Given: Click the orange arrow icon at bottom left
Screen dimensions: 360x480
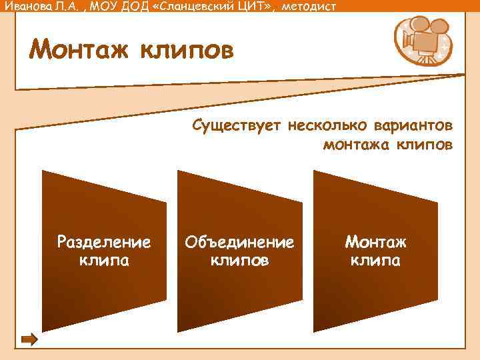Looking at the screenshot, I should pyautogui.click(x=29, y=340).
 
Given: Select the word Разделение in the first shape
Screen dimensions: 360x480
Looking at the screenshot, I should pyautogui.click(x=104, y=241).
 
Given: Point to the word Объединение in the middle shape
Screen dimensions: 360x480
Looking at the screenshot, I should pyautogui.click(x=240, y=241).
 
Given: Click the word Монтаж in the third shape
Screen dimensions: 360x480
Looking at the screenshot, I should pyautogui.click(x=375, y=241).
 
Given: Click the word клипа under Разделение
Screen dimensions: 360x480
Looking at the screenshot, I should pyautogui.click(x=104, y=260).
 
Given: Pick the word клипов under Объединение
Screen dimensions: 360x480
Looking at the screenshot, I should pyautogui.click(x=240, y=260).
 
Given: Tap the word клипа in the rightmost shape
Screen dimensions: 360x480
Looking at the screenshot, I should pyautogui.click(x=375, y=260).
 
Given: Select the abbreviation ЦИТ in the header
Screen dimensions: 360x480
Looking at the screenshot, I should pyautogui.click(x=245, y=6).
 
